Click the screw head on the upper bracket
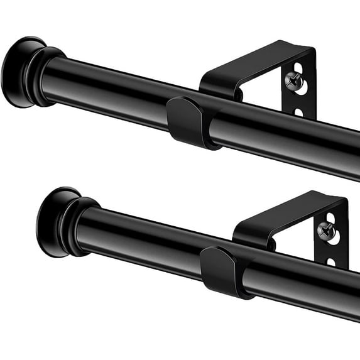[293, 80]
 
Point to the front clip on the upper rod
[187, 122]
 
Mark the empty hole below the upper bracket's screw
[300, 112]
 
